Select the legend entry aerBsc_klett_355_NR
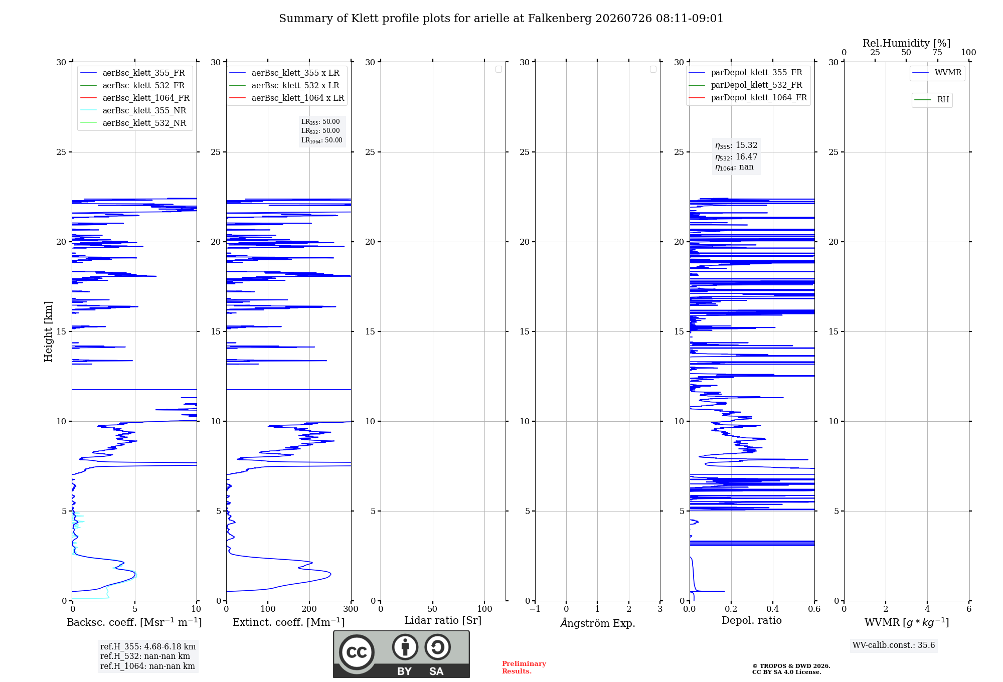click(x=133, y=110)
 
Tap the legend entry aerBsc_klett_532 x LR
click(x=284, y=85)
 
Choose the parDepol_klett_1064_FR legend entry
click(x=748, y=97)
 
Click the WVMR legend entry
click(x=937, y=73)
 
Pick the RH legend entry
click(x=932, y=100)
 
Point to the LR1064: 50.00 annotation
click(x=321, y=140)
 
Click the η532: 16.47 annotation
click(x=736, y=156)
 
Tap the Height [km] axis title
click(x=48, y=331)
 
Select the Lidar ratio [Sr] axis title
click(x=443, y=621)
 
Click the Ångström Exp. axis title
click(x=598, y=623)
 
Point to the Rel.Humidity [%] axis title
click(x=906, y=43)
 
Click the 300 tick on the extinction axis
click(x=351, y=609)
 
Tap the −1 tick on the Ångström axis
click(x=535, y=609)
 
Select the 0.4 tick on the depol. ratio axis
click(x=773, y=609)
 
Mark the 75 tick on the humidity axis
click(x=937, y=53)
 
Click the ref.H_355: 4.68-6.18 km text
click(x=148, y=646)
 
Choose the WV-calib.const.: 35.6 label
click(x=894, y=645)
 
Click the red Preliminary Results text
click(x=524, y=667)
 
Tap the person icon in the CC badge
click(x=405, y=647)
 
